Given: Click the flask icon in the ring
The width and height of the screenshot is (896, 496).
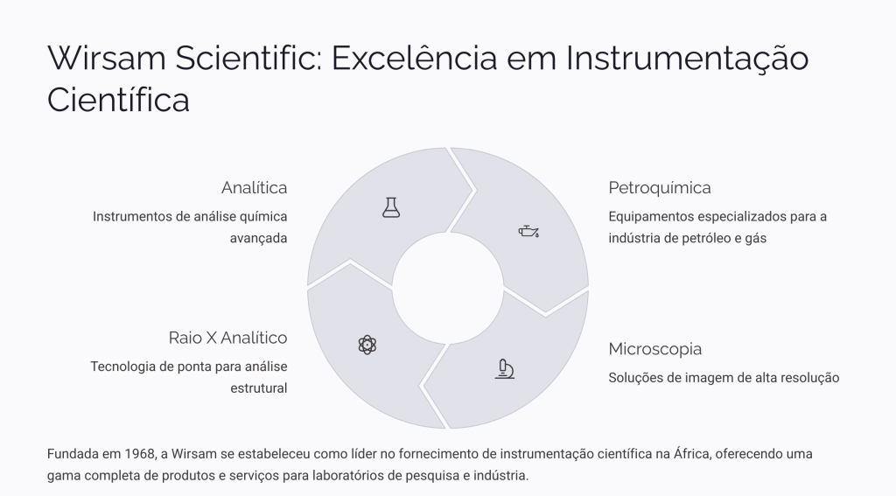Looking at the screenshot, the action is (x=391, y=207).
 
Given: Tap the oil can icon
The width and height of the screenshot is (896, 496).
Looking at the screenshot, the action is (x=528, y=231).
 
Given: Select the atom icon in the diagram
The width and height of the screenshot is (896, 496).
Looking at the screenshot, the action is (x=367, y=345).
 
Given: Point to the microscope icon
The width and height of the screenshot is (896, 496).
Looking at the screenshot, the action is (x=505, y=369).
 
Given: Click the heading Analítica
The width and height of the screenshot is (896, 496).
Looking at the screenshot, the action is (x=255, y=187).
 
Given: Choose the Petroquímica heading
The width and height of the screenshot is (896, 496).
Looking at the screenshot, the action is (x=660, y=187).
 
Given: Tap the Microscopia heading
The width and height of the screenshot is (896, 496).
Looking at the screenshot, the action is (x=654, y=348).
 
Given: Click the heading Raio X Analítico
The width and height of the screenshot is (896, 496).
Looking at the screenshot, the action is (x=228, y=338).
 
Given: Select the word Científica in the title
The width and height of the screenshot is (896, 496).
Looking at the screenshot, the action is (x=118, y=100).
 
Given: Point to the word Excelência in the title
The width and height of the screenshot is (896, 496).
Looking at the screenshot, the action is (x=414, y=58).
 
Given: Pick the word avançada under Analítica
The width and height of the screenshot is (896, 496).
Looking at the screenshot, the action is (x=258, y=238).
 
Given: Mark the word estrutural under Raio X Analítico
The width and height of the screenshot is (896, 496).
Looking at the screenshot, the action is (x=259, y=388).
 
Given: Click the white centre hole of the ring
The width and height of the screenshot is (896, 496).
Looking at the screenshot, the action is (x=448, y=288).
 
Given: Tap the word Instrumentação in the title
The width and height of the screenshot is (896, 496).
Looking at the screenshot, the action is (x=687, y=58).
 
